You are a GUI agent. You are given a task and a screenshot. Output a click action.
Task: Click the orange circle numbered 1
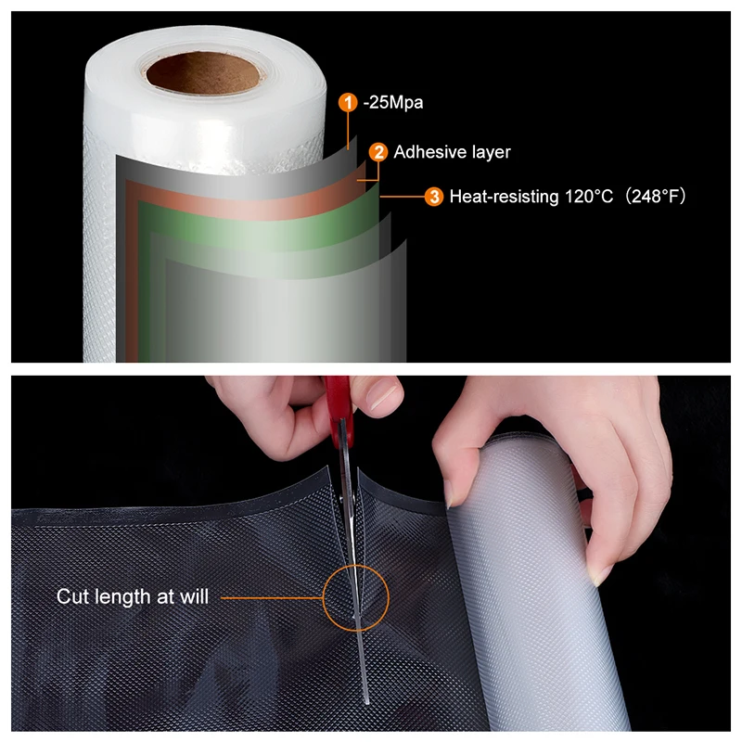348,103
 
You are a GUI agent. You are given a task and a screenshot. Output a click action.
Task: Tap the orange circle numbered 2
378,152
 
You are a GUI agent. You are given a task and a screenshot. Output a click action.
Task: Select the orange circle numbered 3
433,196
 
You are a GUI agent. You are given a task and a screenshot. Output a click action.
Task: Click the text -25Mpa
393,103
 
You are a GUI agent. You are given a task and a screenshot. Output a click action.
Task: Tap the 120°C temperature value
581,197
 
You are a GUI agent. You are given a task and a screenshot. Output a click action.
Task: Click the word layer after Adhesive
490,152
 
